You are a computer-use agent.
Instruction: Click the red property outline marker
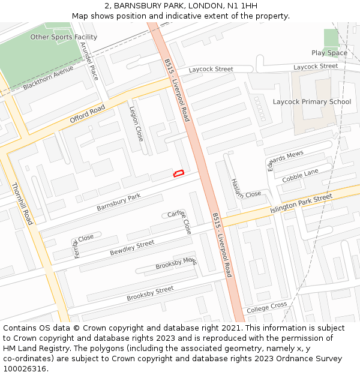click(x=178, y=173)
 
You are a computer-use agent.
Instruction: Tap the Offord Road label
click(x=87, y=114)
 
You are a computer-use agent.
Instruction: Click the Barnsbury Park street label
click(x=118, y=202)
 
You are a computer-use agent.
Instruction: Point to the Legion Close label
click(x=136, y=124)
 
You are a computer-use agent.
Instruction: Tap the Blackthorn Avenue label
click(x=48, y=78)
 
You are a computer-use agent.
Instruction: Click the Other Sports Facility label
click(x=64, y=37)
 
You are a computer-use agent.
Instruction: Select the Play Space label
click(x=329, y=53)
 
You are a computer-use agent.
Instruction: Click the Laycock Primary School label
click(x=312, y=101)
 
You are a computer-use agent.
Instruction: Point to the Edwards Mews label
click(x=286, y=160)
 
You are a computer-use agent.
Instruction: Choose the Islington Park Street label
click(x=301, y=202)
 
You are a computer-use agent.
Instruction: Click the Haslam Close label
click(x=246, y=187)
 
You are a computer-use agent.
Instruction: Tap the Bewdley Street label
click(x=132, y=248)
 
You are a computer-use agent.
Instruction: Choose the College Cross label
click(x=267, y=307)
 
